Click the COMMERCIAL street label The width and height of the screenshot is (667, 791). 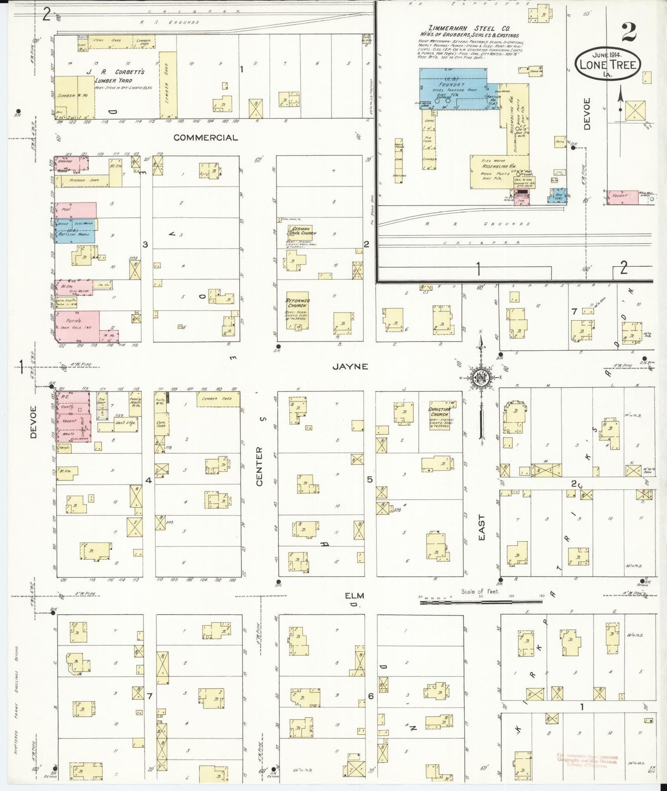coord(206,138)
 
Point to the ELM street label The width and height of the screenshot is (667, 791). coord(354,595)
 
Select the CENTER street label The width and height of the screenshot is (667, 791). coord(259,466)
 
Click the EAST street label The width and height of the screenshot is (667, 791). coord(481,527)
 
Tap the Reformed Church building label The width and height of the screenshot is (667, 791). coord(298,303)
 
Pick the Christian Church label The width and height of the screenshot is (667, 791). coord(439,412)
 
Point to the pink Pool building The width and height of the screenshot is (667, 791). coord(76,210)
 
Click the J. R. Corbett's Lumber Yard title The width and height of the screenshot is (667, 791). coord(123,76)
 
